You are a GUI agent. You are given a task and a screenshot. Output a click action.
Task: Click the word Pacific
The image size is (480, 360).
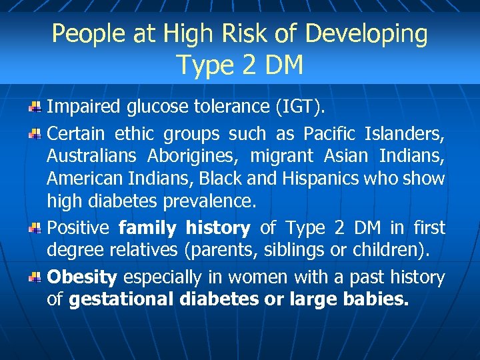329,134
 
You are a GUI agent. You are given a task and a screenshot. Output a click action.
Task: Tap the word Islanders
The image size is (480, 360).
405,134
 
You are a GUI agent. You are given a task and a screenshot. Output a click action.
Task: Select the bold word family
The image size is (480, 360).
147,228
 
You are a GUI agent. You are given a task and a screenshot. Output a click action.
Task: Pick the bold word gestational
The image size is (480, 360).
122,300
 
